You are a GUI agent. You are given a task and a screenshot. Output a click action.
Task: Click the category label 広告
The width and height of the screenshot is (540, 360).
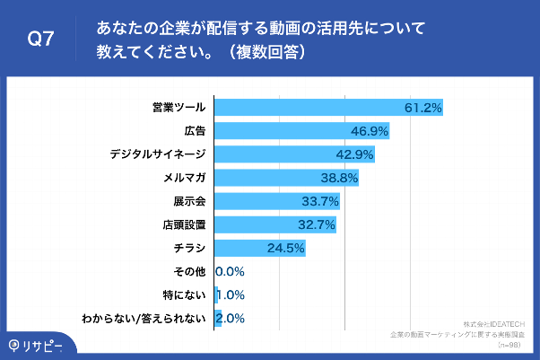pyautogui.click(x=196, y=131)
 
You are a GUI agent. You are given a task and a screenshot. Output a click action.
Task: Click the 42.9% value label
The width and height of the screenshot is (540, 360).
pyautogui.click(x=354, y=154)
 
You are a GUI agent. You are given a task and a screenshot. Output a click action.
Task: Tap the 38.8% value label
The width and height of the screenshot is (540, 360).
pyautogui.click(x=340, y=178)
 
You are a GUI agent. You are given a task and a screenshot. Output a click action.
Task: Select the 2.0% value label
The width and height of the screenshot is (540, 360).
pyautogui.click(x=231, y=318)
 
